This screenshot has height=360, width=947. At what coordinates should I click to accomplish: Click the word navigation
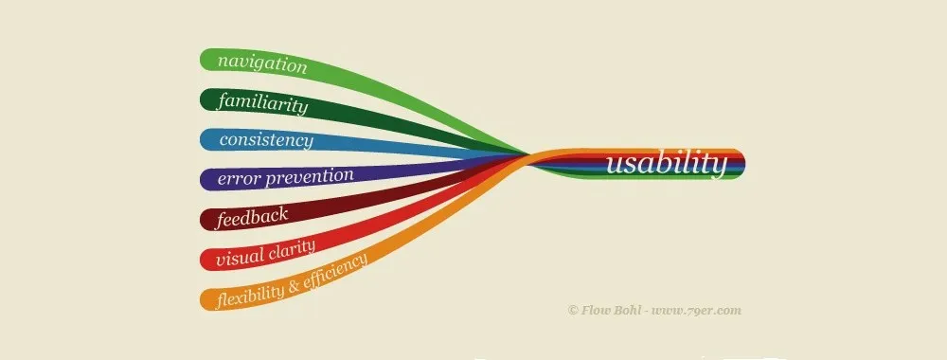262,64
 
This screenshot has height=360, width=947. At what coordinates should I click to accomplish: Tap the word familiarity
263,102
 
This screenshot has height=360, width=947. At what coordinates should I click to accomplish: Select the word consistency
266,140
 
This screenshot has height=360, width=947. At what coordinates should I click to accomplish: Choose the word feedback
253,216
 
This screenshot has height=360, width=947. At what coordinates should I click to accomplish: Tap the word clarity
293,247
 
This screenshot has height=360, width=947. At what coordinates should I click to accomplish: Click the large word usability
667,164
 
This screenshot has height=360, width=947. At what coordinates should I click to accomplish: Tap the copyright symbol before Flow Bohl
572,310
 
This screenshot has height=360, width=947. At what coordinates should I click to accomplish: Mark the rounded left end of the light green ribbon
207,59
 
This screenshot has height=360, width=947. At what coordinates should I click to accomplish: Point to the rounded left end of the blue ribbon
207,139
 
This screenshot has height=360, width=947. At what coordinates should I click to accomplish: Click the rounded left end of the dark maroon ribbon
207,220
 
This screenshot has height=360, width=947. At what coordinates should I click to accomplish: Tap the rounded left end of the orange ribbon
207,299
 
